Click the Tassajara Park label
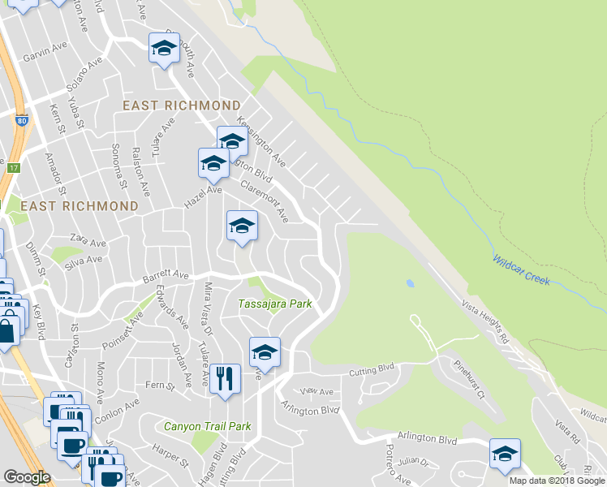click(275, 304)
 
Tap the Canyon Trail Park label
click(207, 426)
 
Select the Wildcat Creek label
click(521, 269)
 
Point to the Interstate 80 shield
click(21, 122)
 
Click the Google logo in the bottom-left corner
click(27, 477)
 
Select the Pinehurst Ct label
click(469, 379)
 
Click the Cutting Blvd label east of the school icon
click(370, 372)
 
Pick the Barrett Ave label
click(165, 276)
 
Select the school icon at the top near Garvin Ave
click(164, 48)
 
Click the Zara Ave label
click(88, 243)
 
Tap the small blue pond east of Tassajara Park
click(409, 284)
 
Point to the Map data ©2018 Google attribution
click(556, 481)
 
